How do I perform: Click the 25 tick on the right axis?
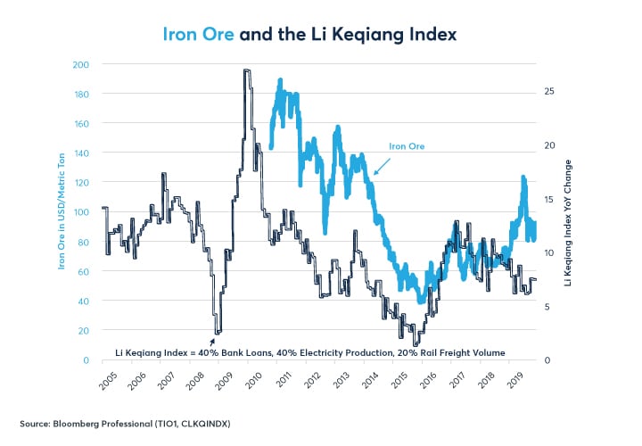point(549,92)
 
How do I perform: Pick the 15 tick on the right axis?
point(549,199)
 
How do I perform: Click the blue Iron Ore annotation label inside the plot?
point(407,145)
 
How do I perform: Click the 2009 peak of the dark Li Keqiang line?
point(246,70)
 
